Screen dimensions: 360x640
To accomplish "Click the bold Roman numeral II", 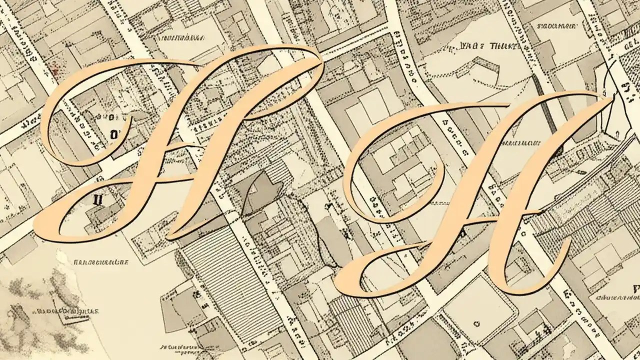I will (x=98, y=199).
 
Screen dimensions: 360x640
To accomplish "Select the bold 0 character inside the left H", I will (x=113, y=134).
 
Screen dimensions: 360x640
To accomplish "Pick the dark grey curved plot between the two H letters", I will (x=260, y=192).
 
